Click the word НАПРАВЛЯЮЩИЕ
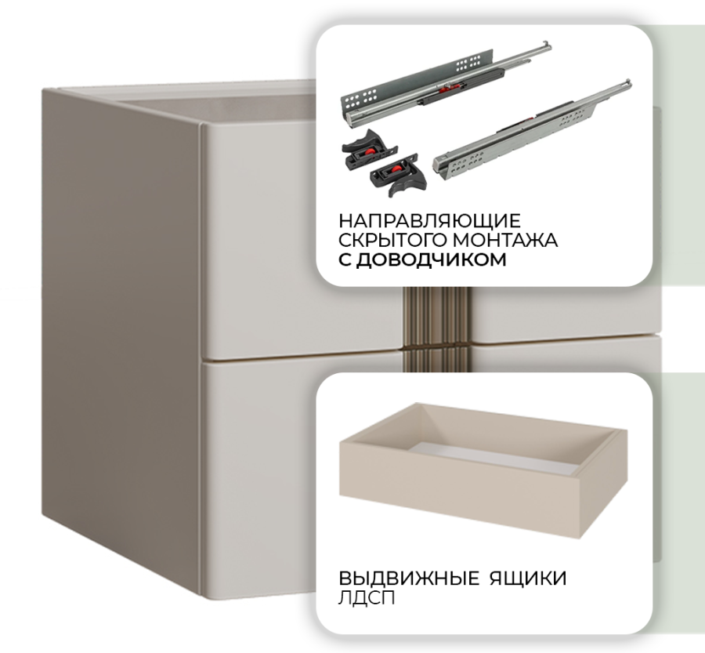coord(429,221)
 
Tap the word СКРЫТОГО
coord(392,240)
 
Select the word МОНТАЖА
coord(505,240)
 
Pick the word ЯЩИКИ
coord(528,579)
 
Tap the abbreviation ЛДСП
coord(367,598)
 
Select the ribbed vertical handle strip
coord(436,329)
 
